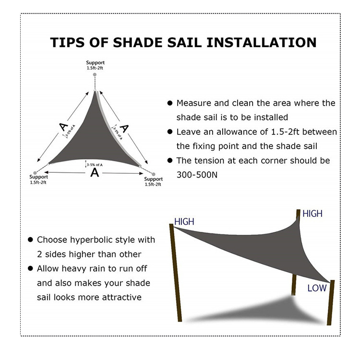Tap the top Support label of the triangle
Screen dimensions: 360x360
point(95,63)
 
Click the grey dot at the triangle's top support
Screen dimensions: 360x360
point(95,74)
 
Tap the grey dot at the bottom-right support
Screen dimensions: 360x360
point(154,174)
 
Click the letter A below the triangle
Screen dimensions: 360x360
point(95,173)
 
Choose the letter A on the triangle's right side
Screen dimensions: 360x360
point(124,128)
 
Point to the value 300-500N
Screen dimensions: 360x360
point(197,175)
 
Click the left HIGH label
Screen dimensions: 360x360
point(184,222)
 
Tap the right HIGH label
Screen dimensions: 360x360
point(312,214)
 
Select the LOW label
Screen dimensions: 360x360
point(317,288)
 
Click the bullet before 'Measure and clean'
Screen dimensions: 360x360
point(169,103)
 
